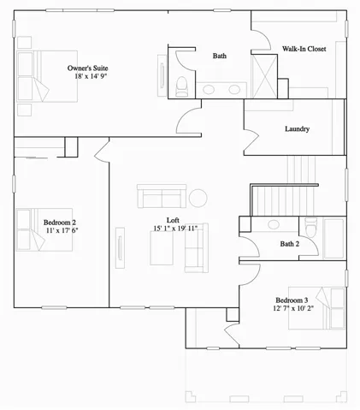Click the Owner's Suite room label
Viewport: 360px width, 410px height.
(x=87, y=67)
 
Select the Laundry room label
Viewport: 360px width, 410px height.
(x=297, y=129)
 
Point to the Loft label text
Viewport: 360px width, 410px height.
(x=173, y=220)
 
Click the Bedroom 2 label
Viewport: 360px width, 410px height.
(x=61, y=223)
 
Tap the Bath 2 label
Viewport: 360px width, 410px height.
(x=289, y=244)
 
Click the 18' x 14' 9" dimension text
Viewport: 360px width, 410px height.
(x=91, y=76)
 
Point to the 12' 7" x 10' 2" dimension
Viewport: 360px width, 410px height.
(x=294, y=309)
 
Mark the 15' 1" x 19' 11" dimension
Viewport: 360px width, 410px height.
(x=175, y=229)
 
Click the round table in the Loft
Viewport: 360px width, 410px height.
(x=198, y=198)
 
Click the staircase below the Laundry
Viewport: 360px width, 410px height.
(x=299, y=186)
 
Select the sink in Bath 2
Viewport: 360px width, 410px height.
(x=274, y=226)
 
